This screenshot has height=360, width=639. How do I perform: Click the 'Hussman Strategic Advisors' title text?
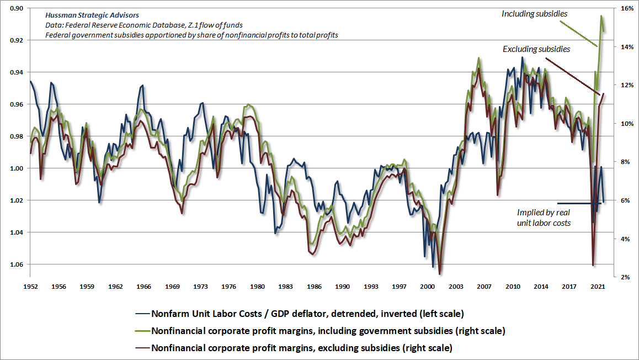click(93, 15)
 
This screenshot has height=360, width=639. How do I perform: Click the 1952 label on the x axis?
click(30, 287)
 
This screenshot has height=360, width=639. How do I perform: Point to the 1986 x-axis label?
click(314, 287)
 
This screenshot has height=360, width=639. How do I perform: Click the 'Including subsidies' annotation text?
click(534, 13)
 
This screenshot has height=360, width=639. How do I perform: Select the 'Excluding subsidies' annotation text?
click(536, 49)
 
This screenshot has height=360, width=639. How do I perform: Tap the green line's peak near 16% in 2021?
click(601, 15)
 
